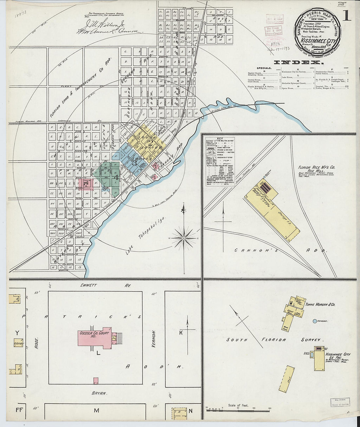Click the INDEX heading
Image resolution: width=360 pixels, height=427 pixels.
[298, 62]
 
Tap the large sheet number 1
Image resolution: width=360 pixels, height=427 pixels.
[346, 15]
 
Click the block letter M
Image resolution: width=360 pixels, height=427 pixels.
[96, 410]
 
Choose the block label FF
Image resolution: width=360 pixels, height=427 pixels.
[18, 409]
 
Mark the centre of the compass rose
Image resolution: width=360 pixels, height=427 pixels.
[184, 238]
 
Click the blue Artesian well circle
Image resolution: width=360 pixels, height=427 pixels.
[315, 321]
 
